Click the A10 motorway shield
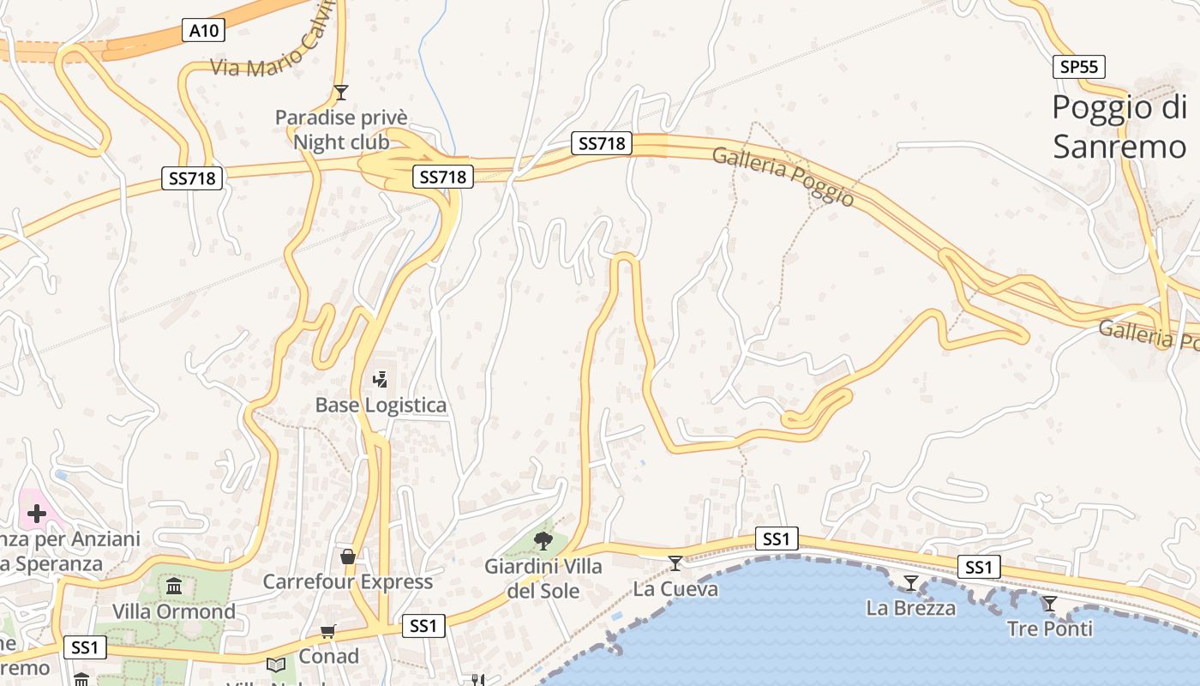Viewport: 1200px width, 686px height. coord(204,31)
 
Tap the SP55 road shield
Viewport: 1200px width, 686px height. coord(1079,66)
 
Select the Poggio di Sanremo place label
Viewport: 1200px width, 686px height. coord(1119,127)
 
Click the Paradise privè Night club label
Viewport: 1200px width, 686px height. coord(341,129)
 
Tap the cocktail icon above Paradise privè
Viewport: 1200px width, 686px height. coord(341,92)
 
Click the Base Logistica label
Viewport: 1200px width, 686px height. coord(381,405)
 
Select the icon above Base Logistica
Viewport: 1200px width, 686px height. coord(380,378)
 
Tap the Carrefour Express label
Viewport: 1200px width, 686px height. coord(347,581)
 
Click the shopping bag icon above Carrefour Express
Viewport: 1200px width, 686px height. coord(348,557)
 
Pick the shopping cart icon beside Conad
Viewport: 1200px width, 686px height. coord(327,632)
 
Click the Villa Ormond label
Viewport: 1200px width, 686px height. coord(174,611)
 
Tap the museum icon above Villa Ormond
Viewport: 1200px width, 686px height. coord(175,587)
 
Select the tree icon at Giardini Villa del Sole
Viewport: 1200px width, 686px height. coord(543,540)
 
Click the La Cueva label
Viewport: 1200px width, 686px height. coord(675,589)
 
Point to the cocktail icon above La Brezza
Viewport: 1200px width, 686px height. coord(911,583)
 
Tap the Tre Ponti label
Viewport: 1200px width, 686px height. coord(1050,629)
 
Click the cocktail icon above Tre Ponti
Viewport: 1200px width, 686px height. coord(1050,604)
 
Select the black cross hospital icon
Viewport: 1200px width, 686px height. coord(36,514)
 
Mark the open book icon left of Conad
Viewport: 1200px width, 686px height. coord(276,665)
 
